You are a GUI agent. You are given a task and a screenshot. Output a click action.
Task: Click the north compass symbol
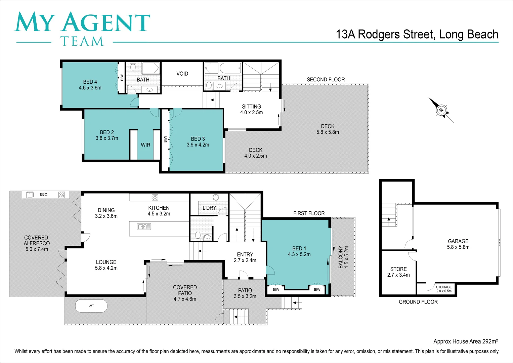441,110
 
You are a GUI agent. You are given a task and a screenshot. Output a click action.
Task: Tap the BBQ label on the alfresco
44,194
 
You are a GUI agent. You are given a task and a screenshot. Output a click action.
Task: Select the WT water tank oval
91,306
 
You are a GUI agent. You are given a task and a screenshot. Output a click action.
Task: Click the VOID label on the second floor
182,74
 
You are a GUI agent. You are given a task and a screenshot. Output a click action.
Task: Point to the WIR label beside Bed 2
145,145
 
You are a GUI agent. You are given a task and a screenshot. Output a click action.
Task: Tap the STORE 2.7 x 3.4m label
398,272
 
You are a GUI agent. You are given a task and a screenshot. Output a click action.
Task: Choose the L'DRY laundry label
209,208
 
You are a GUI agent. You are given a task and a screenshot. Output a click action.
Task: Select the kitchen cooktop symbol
155,197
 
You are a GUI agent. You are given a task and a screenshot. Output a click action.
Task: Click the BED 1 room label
299,251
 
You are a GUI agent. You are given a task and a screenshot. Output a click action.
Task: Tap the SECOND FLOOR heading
326,80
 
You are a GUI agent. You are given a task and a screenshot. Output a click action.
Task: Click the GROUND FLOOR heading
418,302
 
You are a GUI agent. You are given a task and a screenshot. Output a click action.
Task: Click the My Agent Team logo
82,28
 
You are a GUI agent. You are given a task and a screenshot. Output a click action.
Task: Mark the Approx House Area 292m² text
465,341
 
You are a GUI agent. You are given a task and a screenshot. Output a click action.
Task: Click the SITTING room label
251,110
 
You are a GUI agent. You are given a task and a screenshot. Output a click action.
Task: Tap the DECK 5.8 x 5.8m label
328,129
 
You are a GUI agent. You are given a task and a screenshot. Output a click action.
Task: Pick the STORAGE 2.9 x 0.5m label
444,289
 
